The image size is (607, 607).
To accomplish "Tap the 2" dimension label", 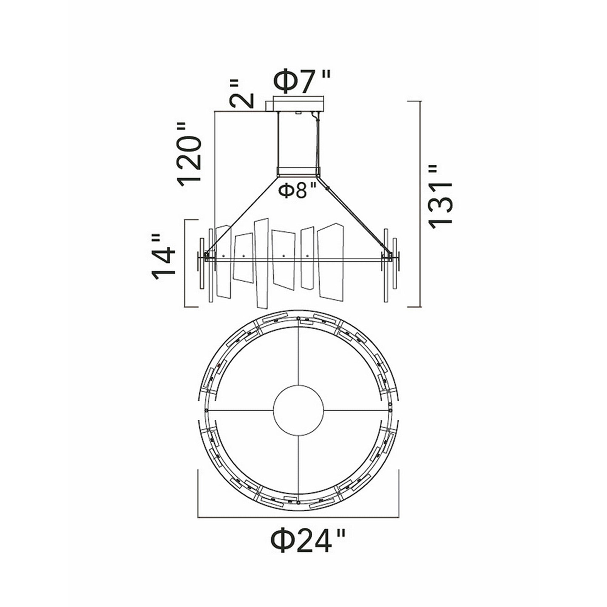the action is click(241, 93).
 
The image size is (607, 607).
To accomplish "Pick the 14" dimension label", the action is click(163, 257).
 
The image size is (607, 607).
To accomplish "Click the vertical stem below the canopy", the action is click(298, 140).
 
